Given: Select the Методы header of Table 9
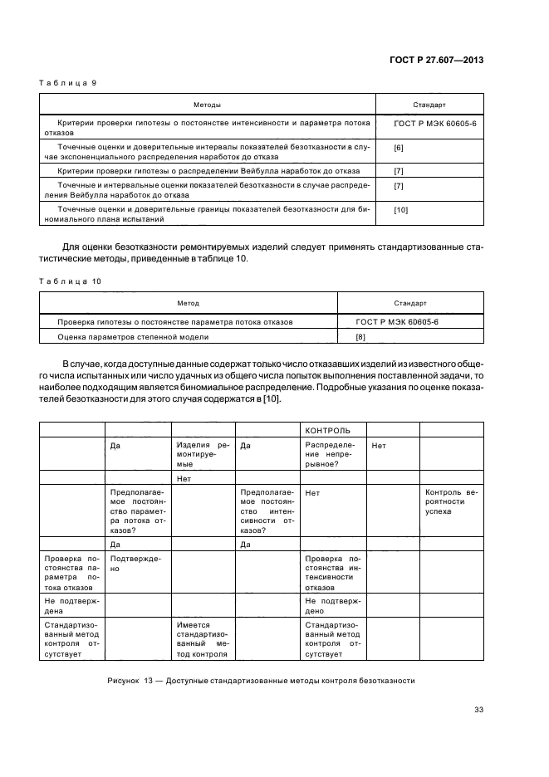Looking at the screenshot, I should (207, 105).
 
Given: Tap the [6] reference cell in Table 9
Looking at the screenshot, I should (399, 147).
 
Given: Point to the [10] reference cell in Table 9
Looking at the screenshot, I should (401, 210).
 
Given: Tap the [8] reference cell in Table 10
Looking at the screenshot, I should (360, 337).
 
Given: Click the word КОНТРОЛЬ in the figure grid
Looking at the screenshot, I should (328, 430).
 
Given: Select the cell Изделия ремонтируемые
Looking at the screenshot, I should (203, 456).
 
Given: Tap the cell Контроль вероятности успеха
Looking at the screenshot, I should (451, 502).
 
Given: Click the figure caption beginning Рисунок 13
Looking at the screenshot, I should (261, 681).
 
